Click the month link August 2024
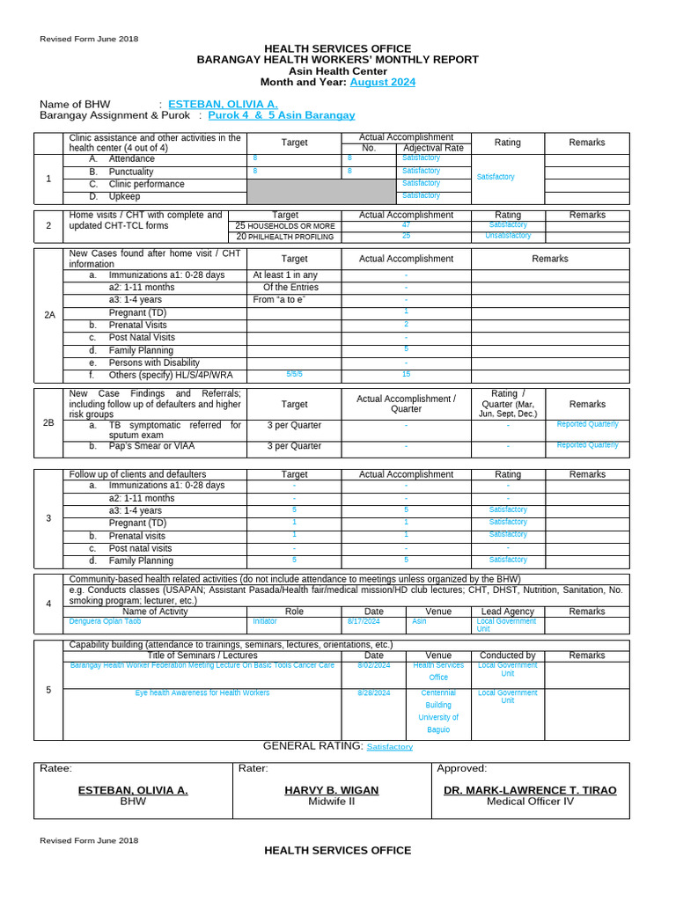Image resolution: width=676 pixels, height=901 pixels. point(382,83)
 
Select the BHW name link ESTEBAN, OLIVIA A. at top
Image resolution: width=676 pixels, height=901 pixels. point(223,104)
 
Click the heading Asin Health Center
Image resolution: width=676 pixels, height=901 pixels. point(337,71)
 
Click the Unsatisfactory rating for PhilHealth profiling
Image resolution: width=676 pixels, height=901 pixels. point(508,236)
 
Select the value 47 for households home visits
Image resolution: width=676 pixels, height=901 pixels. point(406,225)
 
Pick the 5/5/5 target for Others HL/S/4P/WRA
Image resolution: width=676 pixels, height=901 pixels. point(294,375)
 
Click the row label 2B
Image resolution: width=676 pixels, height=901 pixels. point(49,422)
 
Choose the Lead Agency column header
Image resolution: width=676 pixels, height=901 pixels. point(508,612)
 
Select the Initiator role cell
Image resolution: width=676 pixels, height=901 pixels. point(265,621)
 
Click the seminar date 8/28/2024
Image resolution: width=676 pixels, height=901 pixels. point(374,693)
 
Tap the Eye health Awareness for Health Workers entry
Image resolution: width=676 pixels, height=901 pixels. point(202,693)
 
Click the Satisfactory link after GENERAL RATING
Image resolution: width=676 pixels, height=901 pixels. point(389,747)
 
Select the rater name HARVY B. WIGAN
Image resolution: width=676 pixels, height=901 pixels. point(331,790)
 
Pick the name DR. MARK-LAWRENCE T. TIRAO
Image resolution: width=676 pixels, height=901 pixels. point(530,790)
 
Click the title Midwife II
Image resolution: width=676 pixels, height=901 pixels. point(331,802)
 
